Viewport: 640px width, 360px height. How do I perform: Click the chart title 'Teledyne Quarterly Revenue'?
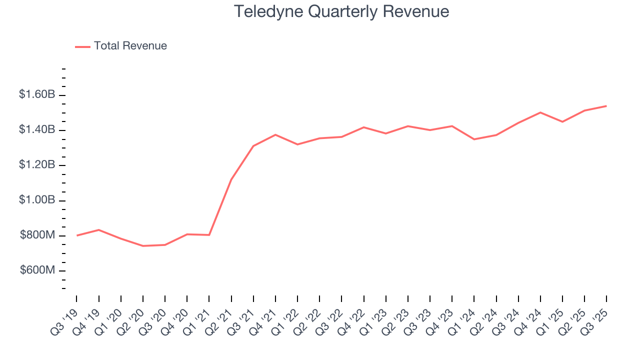pyautogui.click(x=341, y=11)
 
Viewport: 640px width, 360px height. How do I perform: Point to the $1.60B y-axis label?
pyautogui.click(x=37, y=94)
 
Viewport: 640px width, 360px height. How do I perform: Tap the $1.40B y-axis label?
pyautogui.click(x=37, y=130)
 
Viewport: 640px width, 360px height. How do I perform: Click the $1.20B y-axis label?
pyautogui.click(x=37, y=165)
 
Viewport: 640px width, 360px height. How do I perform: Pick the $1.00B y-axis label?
pyautogui.click(x=37, y=200)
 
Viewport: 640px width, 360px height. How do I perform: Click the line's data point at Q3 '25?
pyautogui.click(x=606, y=106)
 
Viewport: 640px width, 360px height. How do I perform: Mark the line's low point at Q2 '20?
pyautogui.click(x=143, y=246)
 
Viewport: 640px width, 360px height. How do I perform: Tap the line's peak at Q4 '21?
pyautogui.click(x=275, y=134)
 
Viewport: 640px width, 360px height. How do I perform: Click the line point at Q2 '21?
pyautogui.click(x=231, y=179)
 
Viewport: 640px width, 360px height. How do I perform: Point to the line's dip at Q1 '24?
pyautogui.click(x=474, y=139)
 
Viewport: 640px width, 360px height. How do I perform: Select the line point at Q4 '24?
pyautogui.click(x=540, y=112)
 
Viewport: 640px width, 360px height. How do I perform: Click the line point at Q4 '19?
pyautogui.click(x=98, y=230)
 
